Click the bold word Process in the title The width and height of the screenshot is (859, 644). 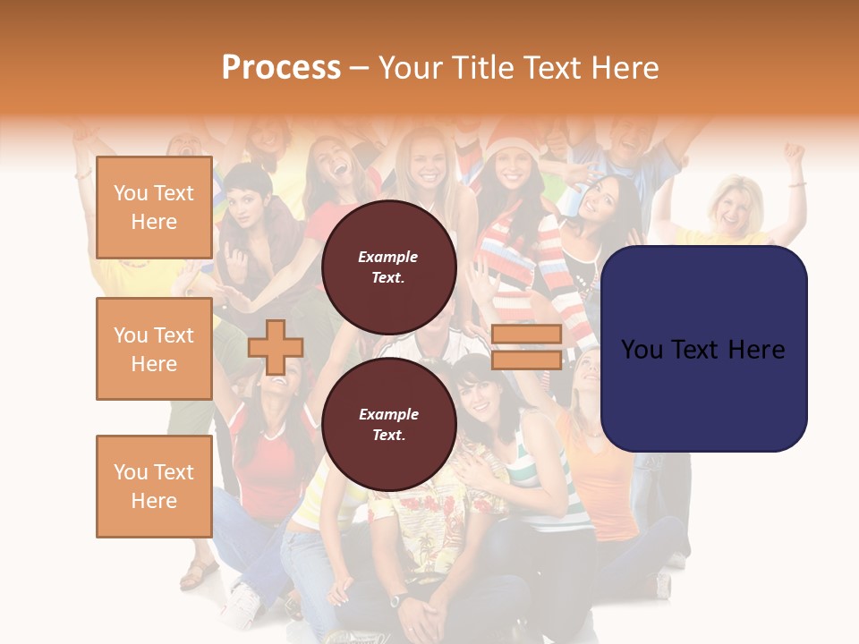[x=281, y=68]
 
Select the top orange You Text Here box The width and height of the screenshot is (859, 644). [x=154, y=208]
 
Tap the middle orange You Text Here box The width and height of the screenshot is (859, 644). [x=154, y=349]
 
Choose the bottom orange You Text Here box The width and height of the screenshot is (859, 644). [x=154, y=486]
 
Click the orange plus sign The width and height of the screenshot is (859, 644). [x=276, y=347]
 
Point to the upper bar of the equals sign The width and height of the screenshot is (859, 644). [x=526, y=335]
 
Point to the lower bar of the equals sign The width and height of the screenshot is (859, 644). [x=526, y=360]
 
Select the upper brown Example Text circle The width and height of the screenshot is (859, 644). [x=388, y=267]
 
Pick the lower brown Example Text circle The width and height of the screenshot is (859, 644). [x=388, y=424]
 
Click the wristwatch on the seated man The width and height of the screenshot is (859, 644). [x=398, y=598]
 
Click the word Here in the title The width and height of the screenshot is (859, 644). [x=625, y=68]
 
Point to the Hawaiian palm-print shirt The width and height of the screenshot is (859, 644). [x=429, y=528]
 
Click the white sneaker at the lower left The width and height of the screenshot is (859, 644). [x=240, y=602]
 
